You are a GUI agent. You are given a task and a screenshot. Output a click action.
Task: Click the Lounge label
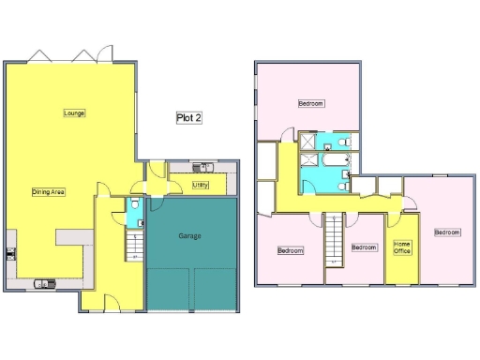[74, 113]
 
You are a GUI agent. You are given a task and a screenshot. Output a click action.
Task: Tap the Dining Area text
[48, 191]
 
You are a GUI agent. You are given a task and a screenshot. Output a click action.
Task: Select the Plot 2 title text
[189, 118]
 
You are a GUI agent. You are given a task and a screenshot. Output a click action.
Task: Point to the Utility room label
[201, 186]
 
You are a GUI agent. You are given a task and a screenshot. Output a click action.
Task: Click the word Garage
[189, 236]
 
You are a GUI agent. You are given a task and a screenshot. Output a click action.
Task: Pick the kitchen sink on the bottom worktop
[44, 282]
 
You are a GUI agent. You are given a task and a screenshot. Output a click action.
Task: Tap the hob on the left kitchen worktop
[10, 251]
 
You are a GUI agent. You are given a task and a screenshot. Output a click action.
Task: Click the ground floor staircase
[133, 246]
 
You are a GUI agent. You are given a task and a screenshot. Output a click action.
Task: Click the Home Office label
[402, 247]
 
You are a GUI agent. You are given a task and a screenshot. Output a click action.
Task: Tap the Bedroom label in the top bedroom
[311, 103]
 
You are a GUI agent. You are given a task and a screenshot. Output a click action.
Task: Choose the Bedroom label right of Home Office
[447, 232]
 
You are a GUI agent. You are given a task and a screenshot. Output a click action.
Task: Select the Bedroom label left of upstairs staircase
[290, 250]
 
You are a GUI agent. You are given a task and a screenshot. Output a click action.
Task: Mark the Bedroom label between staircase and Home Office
[364, 247]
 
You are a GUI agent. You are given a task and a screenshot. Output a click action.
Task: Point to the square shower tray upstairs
[306, 142]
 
